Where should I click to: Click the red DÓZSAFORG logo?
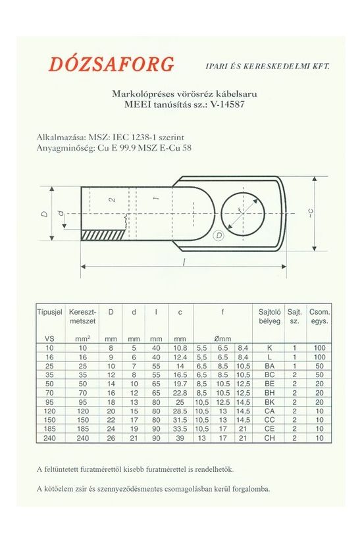coord(111,65)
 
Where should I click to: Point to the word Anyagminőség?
coord(65,148)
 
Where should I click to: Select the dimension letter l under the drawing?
coord(182,261)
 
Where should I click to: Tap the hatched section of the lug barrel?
coord(102,234)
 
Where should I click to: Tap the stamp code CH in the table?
coord(270,437)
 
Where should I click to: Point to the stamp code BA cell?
coord(270,365)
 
